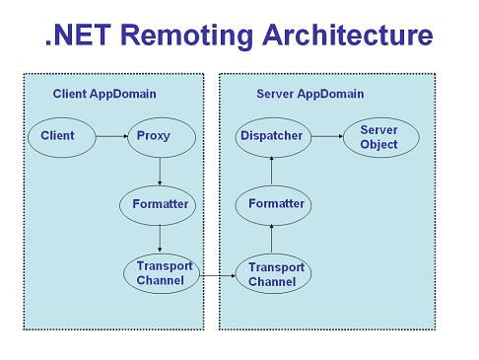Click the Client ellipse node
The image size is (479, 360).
[62, 137]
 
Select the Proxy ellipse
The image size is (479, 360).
[162, 137]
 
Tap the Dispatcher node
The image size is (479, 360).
[273, 137]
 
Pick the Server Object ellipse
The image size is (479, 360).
[381, 137]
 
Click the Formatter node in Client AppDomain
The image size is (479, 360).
[158, 205]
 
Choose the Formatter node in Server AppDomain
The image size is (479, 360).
[273, 205]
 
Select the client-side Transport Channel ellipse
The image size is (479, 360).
[162, 273]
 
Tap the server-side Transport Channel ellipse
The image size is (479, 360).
[273, 273]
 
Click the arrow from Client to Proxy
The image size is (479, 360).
[112, 136]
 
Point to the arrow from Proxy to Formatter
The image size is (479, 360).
[160, 172]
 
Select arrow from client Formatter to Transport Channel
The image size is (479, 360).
[160, 239]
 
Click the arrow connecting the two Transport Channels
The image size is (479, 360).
[218, 275]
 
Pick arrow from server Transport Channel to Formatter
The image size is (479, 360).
[271, 239]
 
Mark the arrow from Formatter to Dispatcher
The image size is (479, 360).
[271, 171]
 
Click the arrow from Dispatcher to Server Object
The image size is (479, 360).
[327, 136]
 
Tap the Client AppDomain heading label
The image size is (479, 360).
[104, 94]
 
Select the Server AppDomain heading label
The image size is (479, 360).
[310, 94]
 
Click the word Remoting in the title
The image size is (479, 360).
[186, 36]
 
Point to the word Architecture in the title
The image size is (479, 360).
[348, 35]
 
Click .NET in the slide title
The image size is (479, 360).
[78, 35]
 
